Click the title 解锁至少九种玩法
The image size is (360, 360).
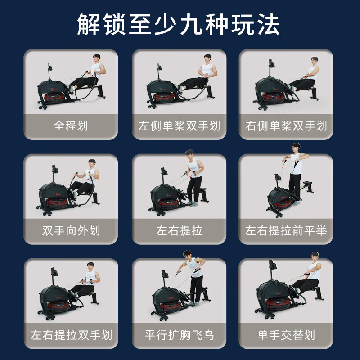pyautogui.click(x=178, y=24)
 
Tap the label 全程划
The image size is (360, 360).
pyautogui.click(x=71, y=126)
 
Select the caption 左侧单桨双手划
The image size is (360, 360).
pyautogui.click(x=179, y=126)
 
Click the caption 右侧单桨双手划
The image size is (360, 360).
pyautogui.click(x=286, y=126)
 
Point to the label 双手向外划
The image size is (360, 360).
pyautogui.click(x=71, y=231)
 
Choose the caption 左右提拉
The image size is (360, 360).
pyautogui.click(x=179, y=231)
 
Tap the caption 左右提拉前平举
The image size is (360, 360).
pyautogui.click(x=286, y=231)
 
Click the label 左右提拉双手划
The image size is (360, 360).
pyautogui.click(x=71, y=335)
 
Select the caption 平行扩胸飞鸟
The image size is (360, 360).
pyautogui.click(x=179, y=335)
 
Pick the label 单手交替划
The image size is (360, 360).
pyautogui.click(x=286, y=335)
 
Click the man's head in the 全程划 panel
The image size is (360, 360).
pyautogui.click(x=96, y=58)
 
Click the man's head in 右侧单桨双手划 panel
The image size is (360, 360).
pyautogui.click(x=314, y=61)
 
